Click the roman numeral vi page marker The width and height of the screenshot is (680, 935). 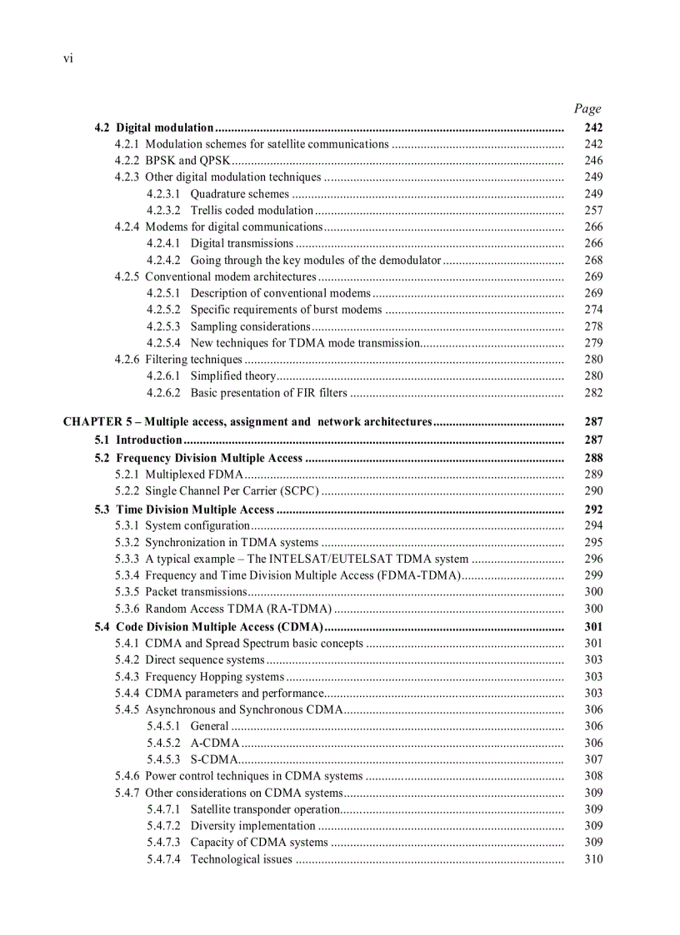(x=67, y=58)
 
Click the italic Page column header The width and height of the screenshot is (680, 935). (x=587, y=108)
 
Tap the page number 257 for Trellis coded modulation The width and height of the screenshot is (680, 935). (x=593, y=211)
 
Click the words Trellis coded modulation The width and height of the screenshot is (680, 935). (x=252, y=211)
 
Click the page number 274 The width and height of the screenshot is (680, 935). (x=593, y=310)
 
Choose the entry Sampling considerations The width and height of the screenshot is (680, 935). (x=250, y=326)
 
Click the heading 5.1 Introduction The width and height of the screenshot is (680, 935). (x=138, y=440)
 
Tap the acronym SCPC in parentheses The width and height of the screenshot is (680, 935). (x=300, y=491)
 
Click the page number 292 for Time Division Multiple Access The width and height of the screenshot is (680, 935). (x=593, y=510)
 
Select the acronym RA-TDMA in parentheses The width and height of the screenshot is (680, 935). (x=299, y=609)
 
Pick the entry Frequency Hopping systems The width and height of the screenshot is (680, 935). (x=214, y=677)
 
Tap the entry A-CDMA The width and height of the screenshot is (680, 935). (x=215, y=743)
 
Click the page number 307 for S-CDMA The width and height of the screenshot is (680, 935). (x=593, y=759)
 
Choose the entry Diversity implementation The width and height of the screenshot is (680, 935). (x=252, y=826)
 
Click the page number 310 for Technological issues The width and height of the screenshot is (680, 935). (x=593, y=859)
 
